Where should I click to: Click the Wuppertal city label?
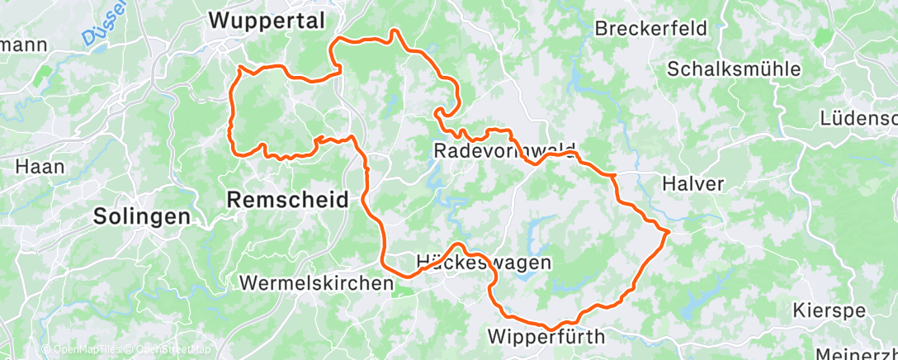267,21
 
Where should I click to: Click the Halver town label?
692,184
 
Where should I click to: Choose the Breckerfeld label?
651,28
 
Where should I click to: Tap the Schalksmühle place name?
734,69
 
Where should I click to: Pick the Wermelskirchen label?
316,282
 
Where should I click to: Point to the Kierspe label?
828,311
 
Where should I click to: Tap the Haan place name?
40,166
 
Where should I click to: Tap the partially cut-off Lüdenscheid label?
858,119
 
